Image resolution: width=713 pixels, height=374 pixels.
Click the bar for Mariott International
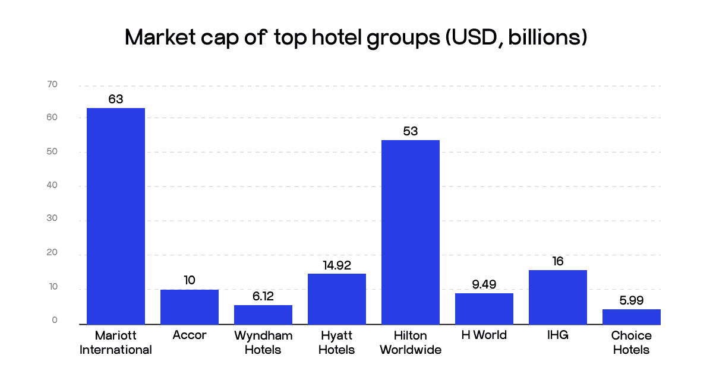click(x=116, y=216)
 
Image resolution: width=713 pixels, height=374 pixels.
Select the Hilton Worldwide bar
click(x=411, y=232)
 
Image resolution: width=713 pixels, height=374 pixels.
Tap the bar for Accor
click(x=190, y=307)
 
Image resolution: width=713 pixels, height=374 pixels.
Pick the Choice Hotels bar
click(x=632, y=317)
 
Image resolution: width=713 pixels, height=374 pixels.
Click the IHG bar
click(x=558, y=297)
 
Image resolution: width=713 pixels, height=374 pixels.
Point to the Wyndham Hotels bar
click(x=263, y=315)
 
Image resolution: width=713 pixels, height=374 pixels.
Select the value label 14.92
click(x=337, y=265)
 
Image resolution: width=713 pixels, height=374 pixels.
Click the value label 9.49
click(x=484, y=284)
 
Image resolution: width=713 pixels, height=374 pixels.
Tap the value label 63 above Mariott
click(x=116, y=99)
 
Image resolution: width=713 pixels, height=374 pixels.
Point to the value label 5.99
click(x=632, y=301)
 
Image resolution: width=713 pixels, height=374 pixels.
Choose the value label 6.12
click(x=263, y=296)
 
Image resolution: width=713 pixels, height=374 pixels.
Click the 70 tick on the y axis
click(x=52, y=85)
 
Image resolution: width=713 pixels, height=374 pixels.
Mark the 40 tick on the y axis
click(x=52, y=186)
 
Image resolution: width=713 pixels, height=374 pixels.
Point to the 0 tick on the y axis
click(x=55, y=321)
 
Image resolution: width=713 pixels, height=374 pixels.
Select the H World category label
click(x=484, y=335)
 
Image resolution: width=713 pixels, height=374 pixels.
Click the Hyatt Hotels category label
click(x=337, y=343)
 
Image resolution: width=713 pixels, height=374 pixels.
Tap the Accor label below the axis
click(x=190, y=335)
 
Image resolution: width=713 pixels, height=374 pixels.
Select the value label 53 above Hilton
click(x=411, y=131)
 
